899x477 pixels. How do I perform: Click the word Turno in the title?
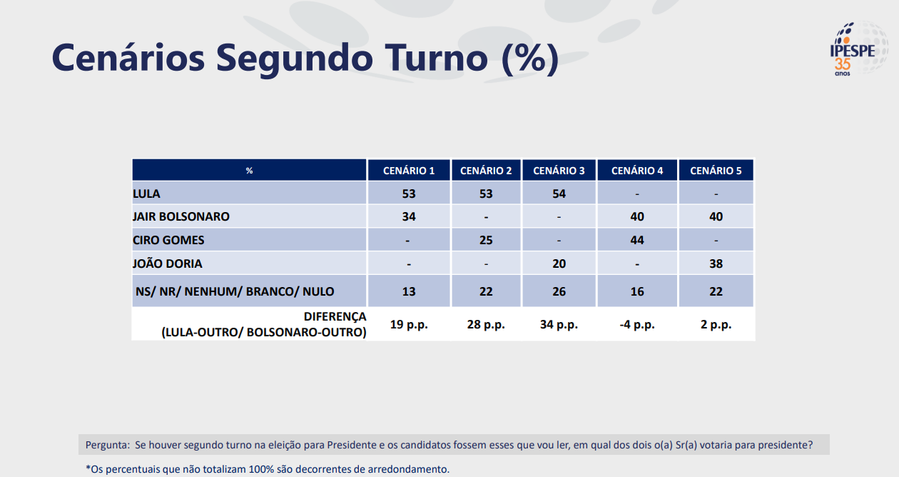pos(436,59)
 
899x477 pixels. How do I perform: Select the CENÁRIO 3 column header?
pos(559,171)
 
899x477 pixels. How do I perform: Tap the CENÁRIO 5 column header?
pos(716,171)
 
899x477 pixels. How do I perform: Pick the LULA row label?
pos(146,194)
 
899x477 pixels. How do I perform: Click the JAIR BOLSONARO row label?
pos(181,217)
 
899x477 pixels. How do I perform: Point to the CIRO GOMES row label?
pos(168,240)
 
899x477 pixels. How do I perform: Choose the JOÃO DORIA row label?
pos(168,263)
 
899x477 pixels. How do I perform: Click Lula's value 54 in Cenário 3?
pos(559,194)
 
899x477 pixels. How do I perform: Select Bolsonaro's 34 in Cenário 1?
pos(409,217)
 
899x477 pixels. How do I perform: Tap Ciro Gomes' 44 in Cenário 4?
pos(637,240)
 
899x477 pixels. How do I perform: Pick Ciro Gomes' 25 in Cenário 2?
pos(486,240)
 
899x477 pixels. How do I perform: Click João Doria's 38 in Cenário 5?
pos(716,263)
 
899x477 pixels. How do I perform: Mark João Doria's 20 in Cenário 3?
pos(559,263)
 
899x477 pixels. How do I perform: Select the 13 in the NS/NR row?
pos(409,291)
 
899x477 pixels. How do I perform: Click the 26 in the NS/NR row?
pos(559,291)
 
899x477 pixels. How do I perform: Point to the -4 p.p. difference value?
pos(637,324)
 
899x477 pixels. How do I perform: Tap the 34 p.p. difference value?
pos(559,324)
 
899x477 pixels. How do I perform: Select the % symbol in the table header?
pos(249,171)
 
